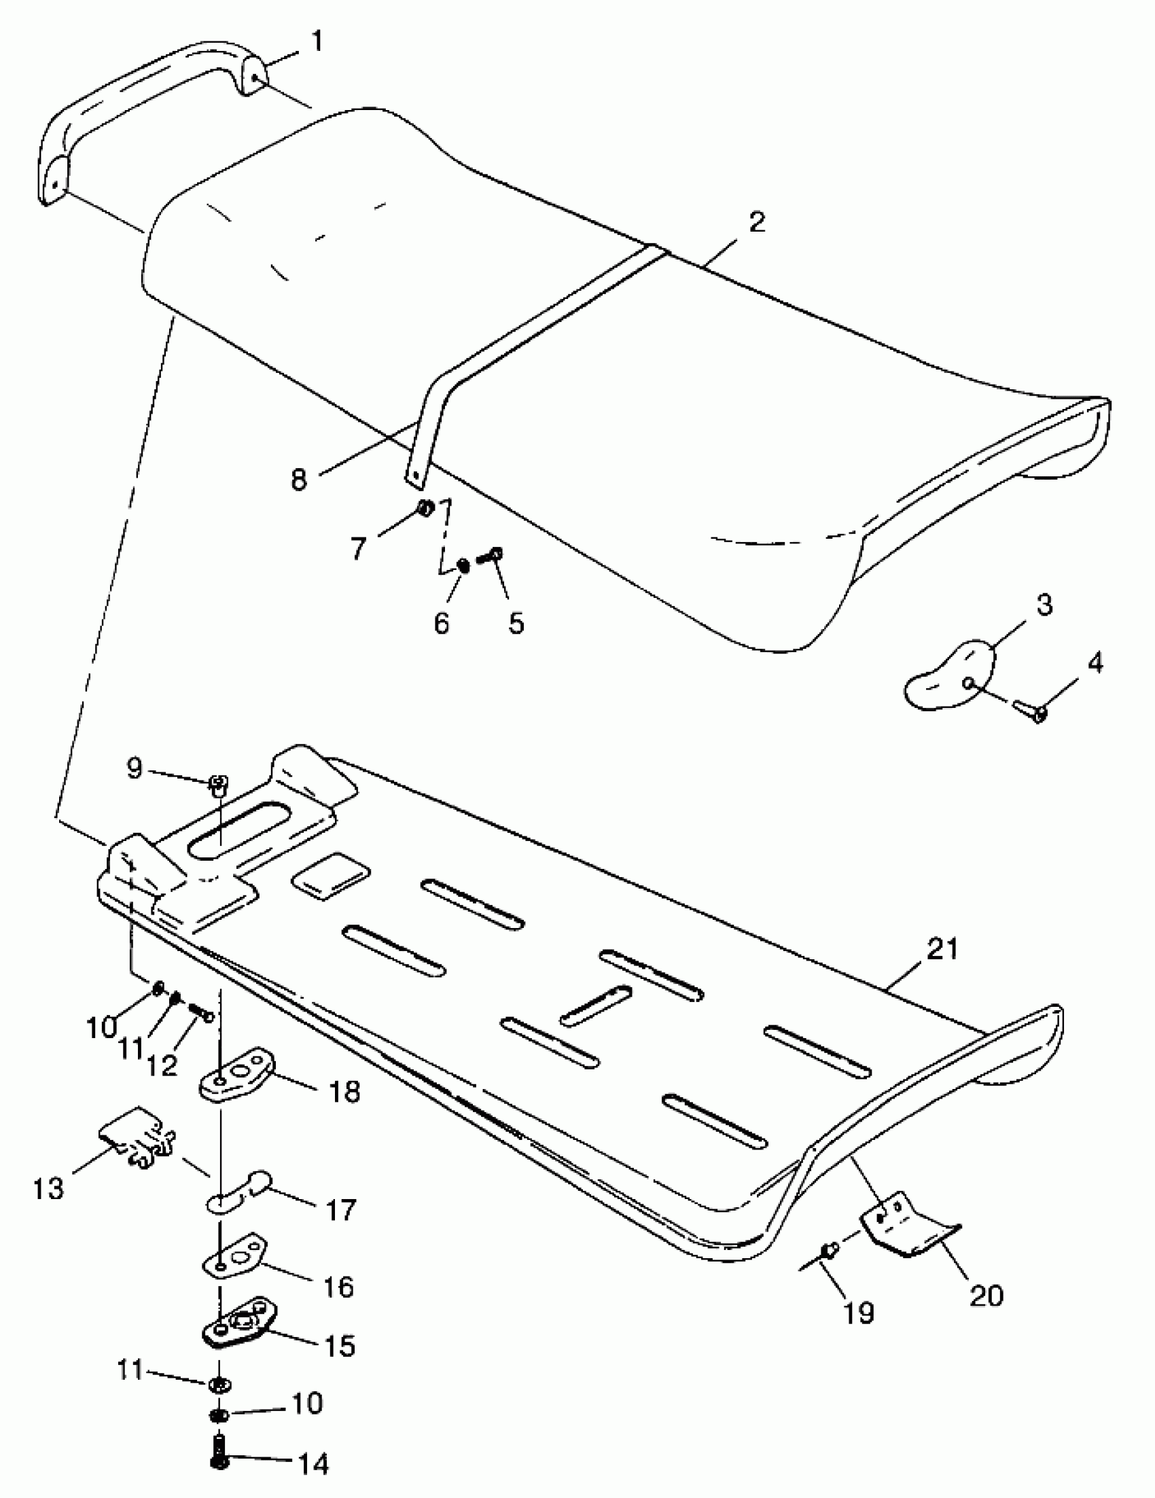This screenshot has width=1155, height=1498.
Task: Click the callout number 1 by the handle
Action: point(316,42)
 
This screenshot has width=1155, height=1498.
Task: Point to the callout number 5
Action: point(516,622)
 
